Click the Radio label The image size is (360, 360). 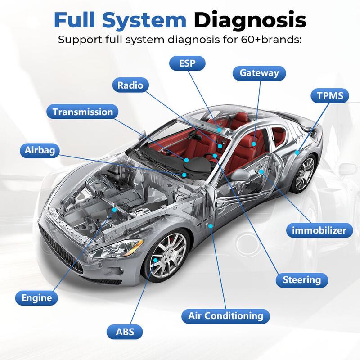130,85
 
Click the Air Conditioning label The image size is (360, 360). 222,315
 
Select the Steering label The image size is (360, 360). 302,279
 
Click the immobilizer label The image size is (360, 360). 317,231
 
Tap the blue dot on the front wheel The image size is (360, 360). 155,260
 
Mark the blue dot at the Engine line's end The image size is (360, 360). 115,210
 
